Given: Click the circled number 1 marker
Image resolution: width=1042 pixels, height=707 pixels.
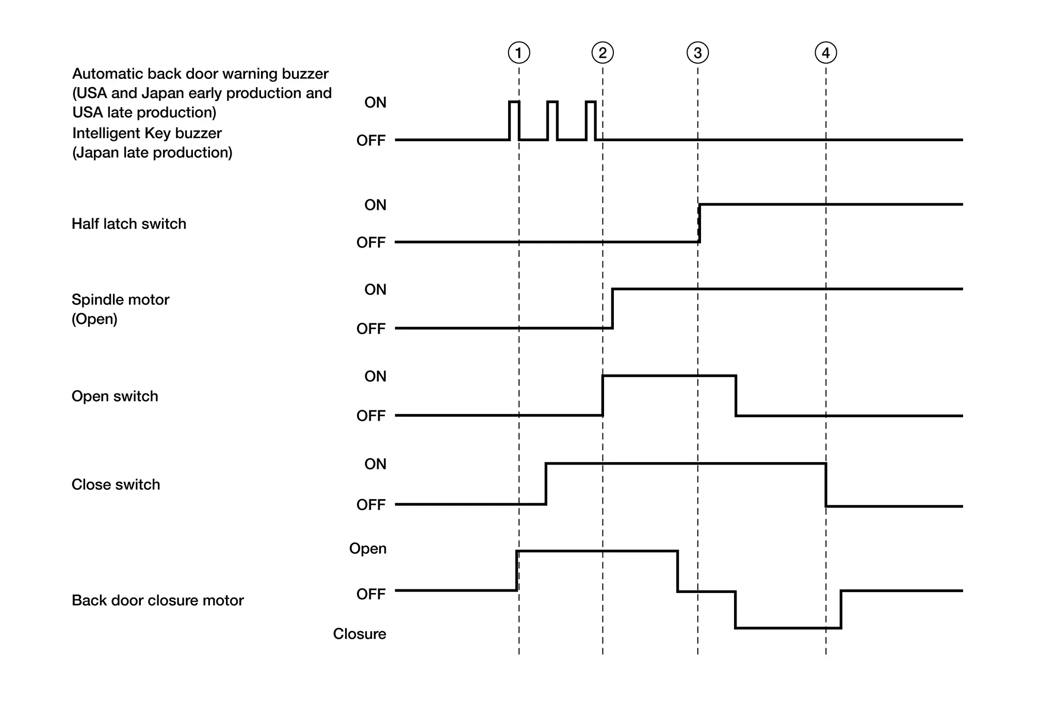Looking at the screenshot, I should [519, 53].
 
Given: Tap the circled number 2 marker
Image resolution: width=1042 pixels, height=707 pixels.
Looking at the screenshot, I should [603, 53].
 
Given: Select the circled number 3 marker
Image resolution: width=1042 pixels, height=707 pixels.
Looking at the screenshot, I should [698, 53].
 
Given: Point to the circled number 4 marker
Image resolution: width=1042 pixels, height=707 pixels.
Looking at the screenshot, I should [826, 53].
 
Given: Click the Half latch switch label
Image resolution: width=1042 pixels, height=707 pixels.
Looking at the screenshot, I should [129, 224].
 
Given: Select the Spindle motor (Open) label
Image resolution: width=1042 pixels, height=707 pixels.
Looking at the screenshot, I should [120, 309].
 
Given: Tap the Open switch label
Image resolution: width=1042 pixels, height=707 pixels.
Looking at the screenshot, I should [115, 396].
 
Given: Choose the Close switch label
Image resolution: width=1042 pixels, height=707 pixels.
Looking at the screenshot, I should [116, 484].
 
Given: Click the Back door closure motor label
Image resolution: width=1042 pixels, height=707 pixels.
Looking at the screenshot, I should [158, 600].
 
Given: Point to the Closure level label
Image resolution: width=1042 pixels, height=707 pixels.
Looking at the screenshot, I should [360, 634].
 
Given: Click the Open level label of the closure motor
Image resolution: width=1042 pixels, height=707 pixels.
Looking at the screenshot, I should [368, 548].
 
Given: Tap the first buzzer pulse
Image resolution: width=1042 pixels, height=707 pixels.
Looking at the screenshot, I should [514, 120].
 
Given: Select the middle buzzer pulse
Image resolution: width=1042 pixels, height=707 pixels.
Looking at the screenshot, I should [552, 120].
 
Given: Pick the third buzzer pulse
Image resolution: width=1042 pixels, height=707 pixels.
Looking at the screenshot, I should [591, 120].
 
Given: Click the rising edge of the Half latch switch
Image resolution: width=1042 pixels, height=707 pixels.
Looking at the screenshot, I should [699, 223].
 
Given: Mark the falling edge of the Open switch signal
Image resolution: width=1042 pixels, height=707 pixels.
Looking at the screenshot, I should [736, 396].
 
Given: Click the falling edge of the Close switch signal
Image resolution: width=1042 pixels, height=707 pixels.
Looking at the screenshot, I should [826, 485].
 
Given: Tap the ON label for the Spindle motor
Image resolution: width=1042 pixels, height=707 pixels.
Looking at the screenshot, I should [376, 289].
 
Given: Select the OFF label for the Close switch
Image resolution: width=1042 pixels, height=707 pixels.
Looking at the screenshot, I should [371, 504].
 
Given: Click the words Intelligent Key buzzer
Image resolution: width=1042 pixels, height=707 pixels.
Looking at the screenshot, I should [147, 133].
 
